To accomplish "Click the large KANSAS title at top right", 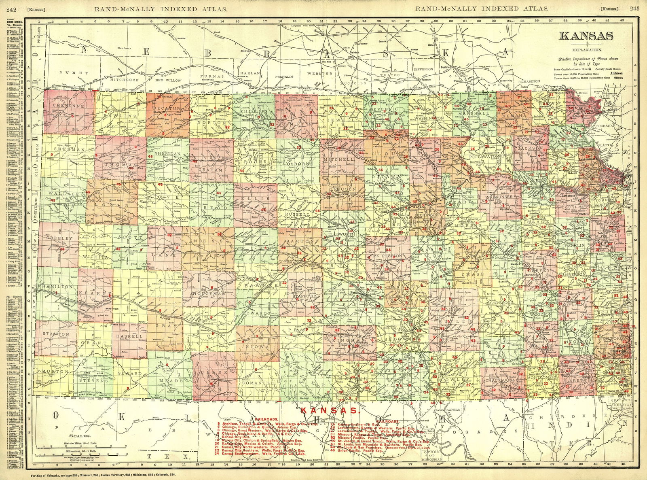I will click(588, 36).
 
